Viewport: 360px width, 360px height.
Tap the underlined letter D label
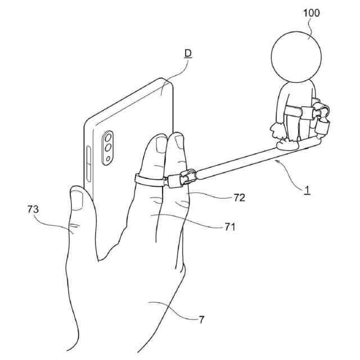click(188, 53)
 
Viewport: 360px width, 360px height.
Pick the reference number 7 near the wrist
click(201, 319)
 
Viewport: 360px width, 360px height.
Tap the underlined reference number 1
click(307, 190)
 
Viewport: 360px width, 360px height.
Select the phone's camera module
click(108, 148)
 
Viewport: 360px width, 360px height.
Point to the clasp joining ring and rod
click(183, 179)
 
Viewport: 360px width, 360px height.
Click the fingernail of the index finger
click(160, 146)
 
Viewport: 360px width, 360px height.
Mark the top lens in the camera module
click(107, 137)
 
